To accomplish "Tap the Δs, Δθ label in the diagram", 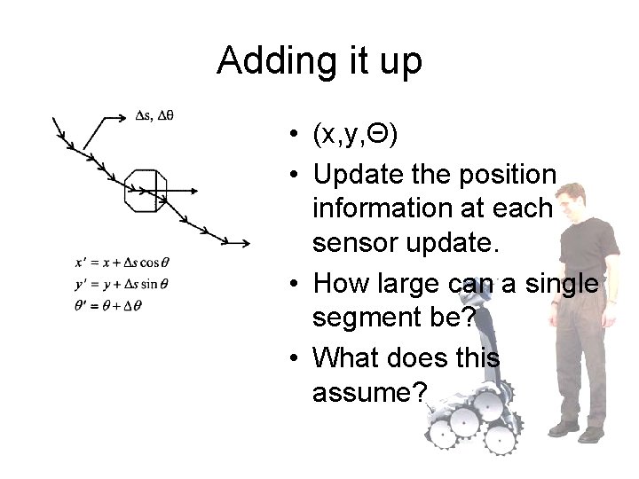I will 154,114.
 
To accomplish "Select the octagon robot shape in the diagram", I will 146,188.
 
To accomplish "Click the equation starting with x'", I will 122,262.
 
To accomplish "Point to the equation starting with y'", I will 122,284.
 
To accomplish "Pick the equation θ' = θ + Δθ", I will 109,305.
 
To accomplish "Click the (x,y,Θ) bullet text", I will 355,134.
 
